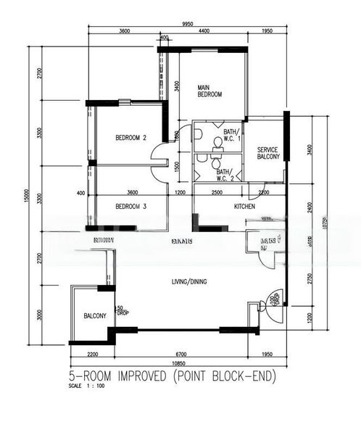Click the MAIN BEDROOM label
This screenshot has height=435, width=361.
209,91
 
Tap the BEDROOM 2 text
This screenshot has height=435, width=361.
131,138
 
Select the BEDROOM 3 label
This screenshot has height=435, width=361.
131,207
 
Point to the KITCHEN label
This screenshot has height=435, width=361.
244,207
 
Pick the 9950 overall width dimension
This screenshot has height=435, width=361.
188,24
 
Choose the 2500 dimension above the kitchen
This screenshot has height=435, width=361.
217,192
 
